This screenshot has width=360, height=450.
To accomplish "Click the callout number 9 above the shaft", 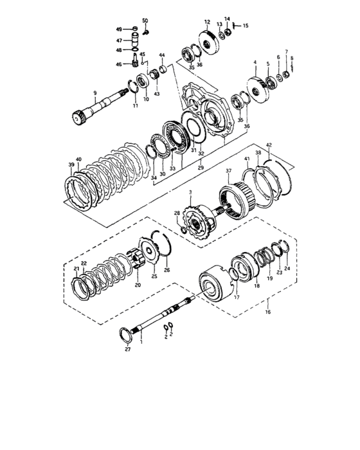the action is [95, 93].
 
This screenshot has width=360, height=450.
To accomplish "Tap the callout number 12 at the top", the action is [207, 22].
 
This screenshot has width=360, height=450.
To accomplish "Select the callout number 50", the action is [145, 21].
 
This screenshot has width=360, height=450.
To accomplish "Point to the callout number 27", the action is [128, 349].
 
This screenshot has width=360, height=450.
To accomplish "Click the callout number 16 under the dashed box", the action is [268, 312].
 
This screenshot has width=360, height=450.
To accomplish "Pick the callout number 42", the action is [269, 145].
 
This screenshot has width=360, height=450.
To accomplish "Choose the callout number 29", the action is [201, 167].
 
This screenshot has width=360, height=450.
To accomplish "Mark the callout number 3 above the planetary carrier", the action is [190, 192].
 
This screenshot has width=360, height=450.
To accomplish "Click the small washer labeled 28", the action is [183, 230].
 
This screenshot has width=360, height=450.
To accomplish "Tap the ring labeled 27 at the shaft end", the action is [125, 336].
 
